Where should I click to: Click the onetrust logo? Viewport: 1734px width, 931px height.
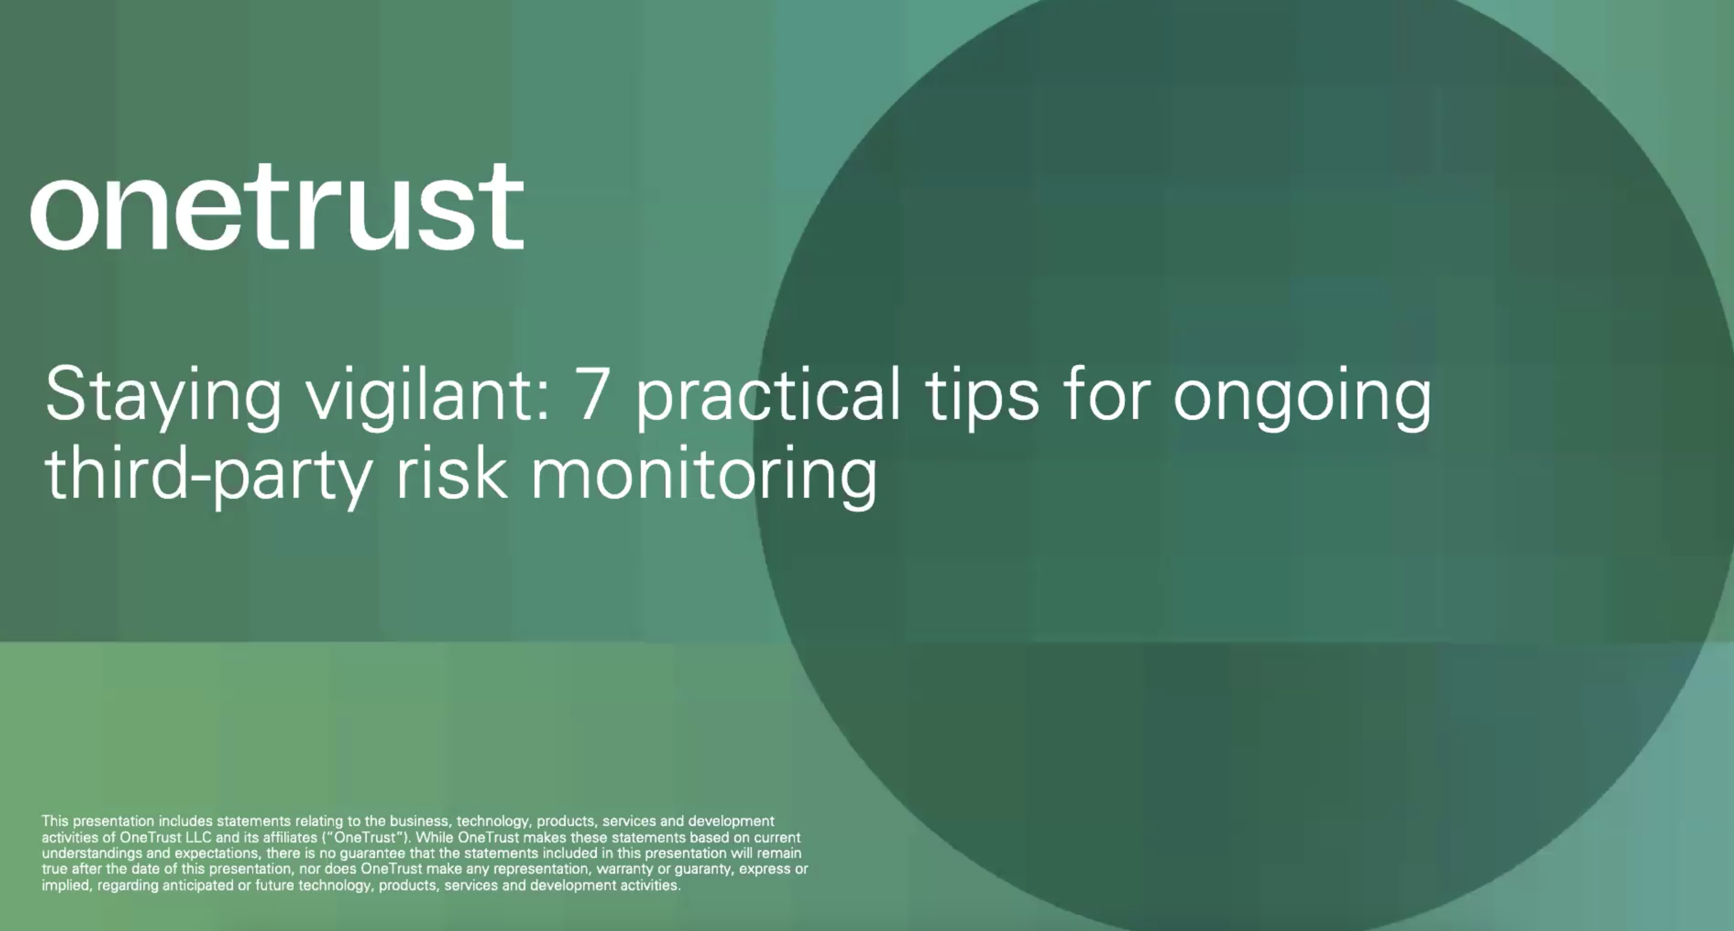click(x=276, y=206)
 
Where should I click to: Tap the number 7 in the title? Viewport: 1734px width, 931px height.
click(x=593, y=394)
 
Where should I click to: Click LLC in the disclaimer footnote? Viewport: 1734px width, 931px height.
click(x=198, y=837)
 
